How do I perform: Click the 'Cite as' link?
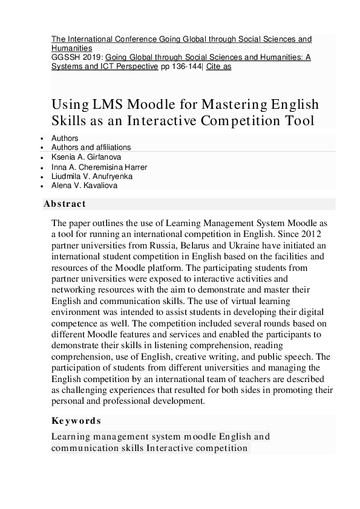tap(218, 66)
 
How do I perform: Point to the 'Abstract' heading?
tap(65, 204)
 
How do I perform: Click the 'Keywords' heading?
tap(76, 421)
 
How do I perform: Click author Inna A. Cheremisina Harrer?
tap(99, 167)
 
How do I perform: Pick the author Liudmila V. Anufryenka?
tap(92, 177)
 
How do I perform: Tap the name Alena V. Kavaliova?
tap(85, 186)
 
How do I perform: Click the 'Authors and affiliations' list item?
tap(91, 147)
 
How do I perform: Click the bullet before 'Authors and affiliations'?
tap(41, 148)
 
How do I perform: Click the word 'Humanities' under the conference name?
tap(71, 48)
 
